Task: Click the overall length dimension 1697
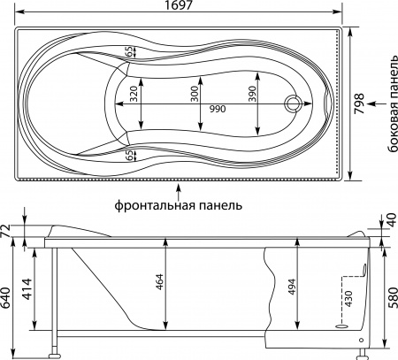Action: [x=179, y=5]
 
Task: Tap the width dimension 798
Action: [x=359, y=103]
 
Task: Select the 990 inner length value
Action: [x=218, y=109]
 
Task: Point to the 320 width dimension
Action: [x=134, y=94]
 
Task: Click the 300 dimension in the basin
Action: [x=195, y=94]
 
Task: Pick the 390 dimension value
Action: [x=251, y=94]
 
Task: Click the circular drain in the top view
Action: [x=293, y=103]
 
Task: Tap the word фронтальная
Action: [x=154, y=205]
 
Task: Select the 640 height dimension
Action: [x=6, y=297]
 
